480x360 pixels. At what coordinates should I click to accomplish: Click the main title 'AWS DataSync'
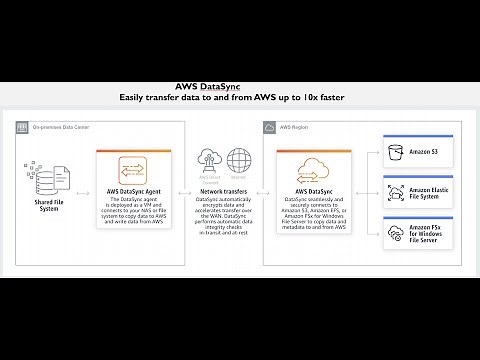point(239,86)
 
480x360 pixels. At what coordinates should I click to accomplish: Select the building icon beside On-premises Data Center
point(22,128)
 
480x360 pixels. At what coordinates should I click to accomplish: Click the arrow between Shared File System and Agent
point(81,177)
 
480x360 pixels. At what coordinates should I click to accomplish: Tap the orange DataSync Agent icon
point(134,167)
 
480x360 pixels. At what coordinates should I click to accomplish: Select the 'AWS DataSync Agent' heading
point(134,189)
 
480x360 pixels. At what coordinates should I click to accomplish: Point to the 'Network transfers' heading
point(225,189)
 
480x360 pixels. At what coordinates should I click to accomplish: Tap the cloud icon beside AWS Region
point(271,128)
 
